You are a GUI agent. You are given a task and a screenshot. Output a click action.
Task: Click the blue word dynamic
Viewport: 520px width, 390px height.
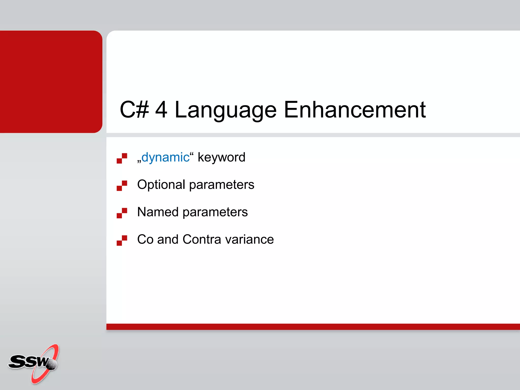click(x=165, y=157)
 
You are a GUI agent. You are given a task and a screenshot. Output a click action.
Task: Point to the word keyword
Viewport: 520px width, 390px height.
click(x=221, y=157)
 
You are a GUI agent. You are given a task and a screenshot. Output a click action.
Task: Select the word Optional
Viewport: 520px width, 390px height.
click(x=161, y=185)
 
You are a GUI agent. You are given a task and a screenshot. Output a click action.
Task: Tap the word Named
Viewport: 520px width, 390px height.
click(x=158, y=212)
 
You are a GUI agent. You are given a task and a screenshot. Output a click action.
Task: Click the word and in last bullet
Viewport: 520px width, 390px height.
click(x=168, y=239)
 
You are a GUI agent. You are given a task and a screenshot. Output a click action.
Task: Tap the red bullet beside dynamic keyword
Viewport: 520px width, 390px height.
click(x=122, y=158)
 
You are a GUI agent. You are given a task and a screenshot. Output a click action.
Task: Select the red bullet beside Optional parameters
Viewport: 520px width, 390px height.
click(x=122, y=186)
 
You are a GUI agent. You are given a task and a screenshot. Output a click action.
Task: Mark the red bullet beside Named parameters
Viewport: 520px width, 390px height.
click(x=122, y=213)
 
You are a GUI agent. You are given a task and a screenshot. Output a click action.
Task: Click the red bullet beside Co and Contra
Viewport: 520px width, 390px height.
click(x=122, y=240)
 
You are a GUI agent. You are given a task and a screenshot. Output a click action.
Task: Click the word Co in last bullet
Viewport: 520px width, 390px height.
click(x=145, y=239)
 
